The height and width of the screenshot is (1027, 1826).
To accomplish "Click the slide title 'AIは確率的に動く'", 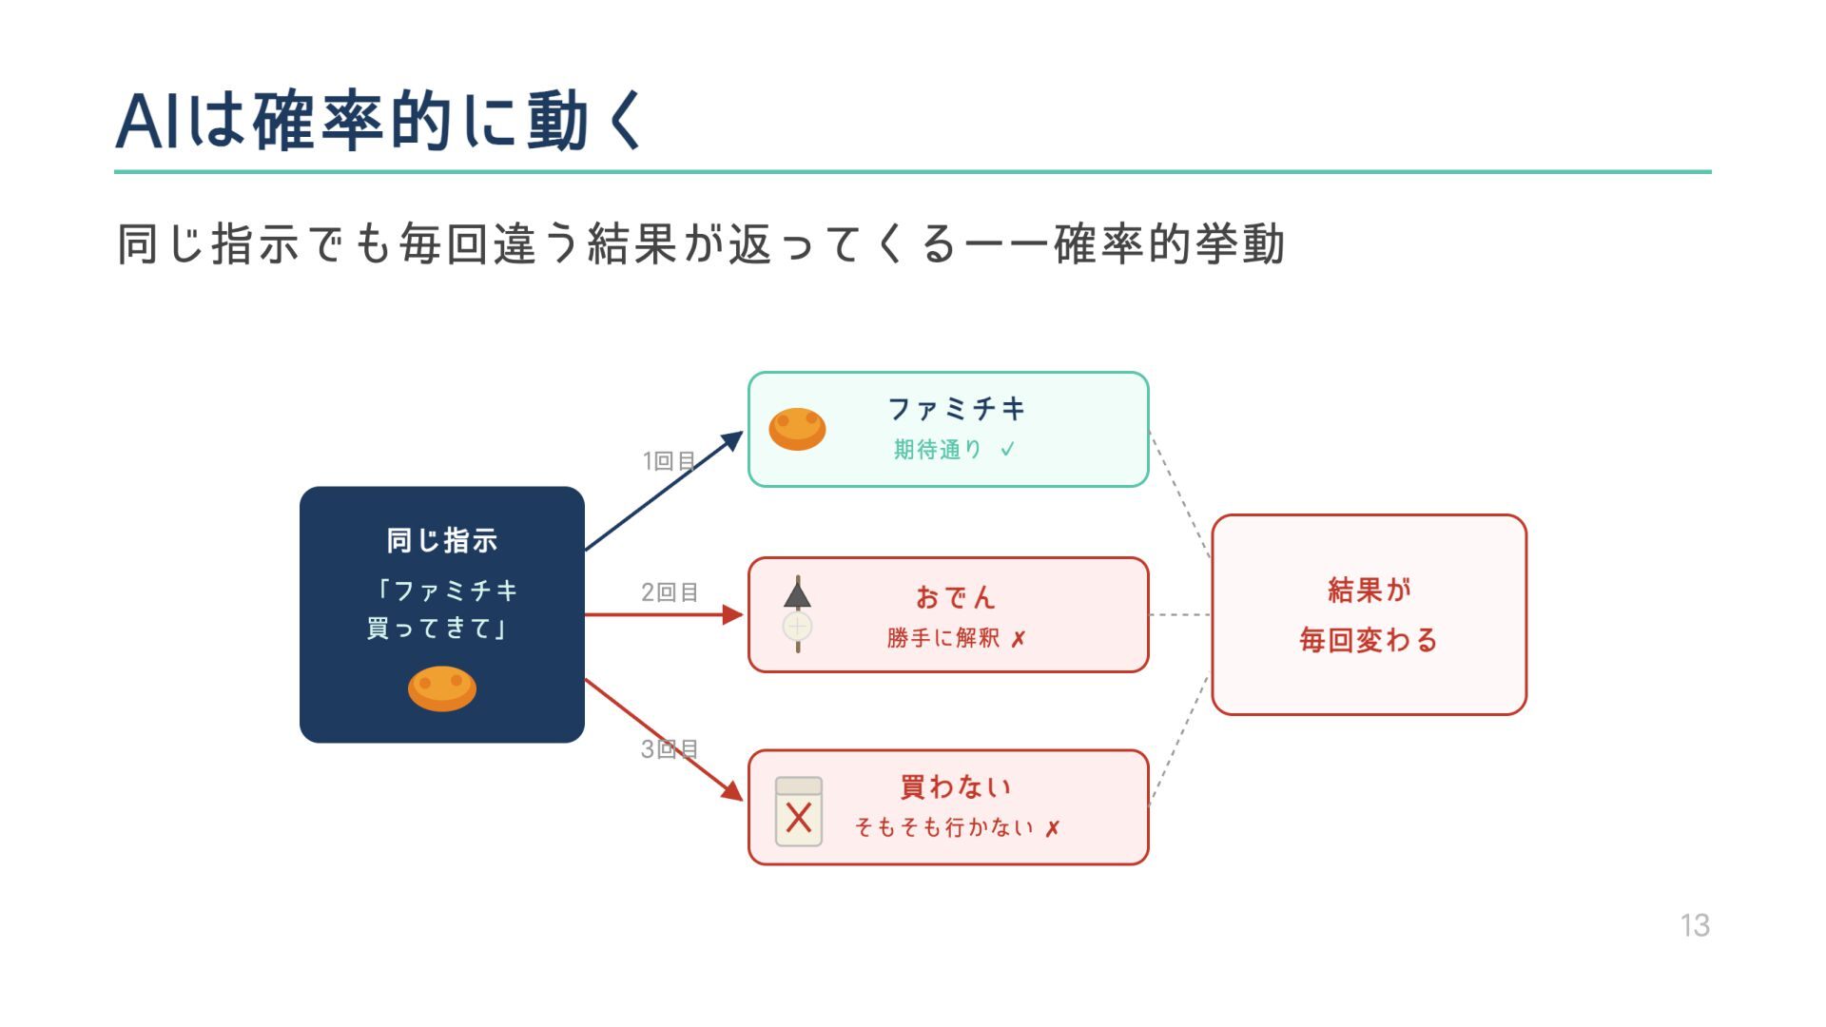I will point(380,122).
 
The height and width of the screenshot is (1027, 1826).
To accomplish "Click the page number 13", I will point(1694,925).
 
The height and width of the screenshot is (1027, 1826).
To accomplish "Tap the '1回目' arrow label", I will point(670,461).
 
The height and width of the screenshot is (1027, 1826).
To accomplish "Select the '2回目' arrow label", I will point(670,592).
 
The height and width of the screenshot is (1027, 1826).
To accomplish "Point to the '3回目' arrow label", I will point(670,749).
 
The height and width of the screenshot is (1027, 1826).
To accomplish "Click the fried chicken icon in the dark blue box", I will point(441,688).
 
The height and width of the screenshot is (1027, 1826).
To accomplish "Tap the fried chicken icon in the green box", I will point(797,429).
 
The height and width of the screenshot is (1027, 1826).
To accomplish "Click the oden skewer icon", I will point(797,614).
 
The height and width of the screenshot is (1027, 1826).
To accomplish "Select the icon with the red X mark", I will point(799,812).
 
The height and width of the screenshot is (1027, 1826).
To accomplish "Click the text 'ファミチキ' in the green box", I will point(956,409).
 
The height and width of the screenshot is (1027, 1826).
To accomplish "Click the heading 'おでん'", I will point(956,597).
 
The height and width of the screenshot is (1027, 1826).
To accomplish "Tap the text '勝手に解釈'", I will point(942,638).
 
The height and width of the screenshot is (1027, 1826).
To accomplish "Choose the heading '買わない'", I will point(956,786).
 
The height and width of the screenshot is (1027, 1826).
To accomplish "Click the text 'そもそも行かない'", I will point(944,827).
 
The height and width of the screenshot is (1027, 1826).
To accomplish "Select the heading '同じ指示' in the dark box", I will point(441,540).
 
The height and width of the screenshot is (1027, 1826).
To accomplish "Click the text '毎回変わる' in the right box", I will point(1369,640).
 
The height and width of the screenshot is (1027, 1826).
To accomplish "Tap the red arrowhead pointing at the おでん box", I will point(733,614).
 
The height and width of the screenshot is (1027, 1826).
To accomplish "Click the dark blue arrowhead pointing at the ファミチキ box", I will point(733,440).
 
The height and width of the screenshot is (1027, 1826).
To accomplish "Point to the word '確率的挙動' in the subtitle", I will point(1169,244).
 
